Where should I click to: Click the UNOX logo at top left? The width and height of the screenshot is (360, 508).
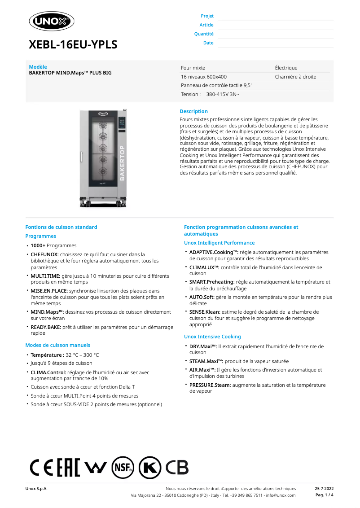(51, 21)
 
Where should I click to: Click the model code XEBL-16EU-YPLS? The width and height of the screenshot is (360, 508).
(73, 45)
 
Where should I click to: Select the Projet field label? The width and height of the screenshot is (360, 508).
(207, 16)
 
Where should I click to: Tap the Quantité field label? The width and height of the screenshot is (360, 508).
(204, 34)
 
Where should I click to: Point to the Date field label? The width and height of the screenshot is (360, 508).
(208, 43)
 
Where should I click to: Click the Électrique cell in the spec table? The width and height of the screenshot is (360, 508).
(286, 68)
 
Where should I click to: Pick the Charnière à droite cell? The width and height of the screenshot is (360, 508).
(295, 77)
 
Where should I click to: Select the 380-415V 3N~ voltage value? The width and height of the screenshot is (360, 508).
(223, 94)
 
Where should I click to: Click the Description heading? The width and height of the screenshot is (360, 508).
(193, 111)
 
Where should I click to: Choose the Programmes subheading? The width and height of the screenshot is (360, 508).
(41, 236)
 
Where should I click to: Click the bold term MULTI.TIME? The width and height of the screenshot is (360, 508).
(45, 276)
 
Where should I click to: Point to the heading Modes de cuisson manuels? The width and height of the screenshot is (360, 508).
(57, 345)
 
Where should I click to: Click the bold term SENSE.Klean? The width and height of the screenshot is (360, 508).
(204, 312)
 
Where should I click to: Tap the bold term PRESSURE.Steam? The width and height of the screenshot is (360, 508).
(210, 385)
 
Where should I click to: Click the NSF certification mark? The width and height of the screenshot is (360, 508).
(123, 468)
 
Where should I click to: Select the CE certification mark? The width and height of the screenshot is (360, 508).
(41, 468)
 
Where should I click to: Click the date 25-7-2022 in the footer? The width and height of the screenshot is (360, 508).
(324, 488)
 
